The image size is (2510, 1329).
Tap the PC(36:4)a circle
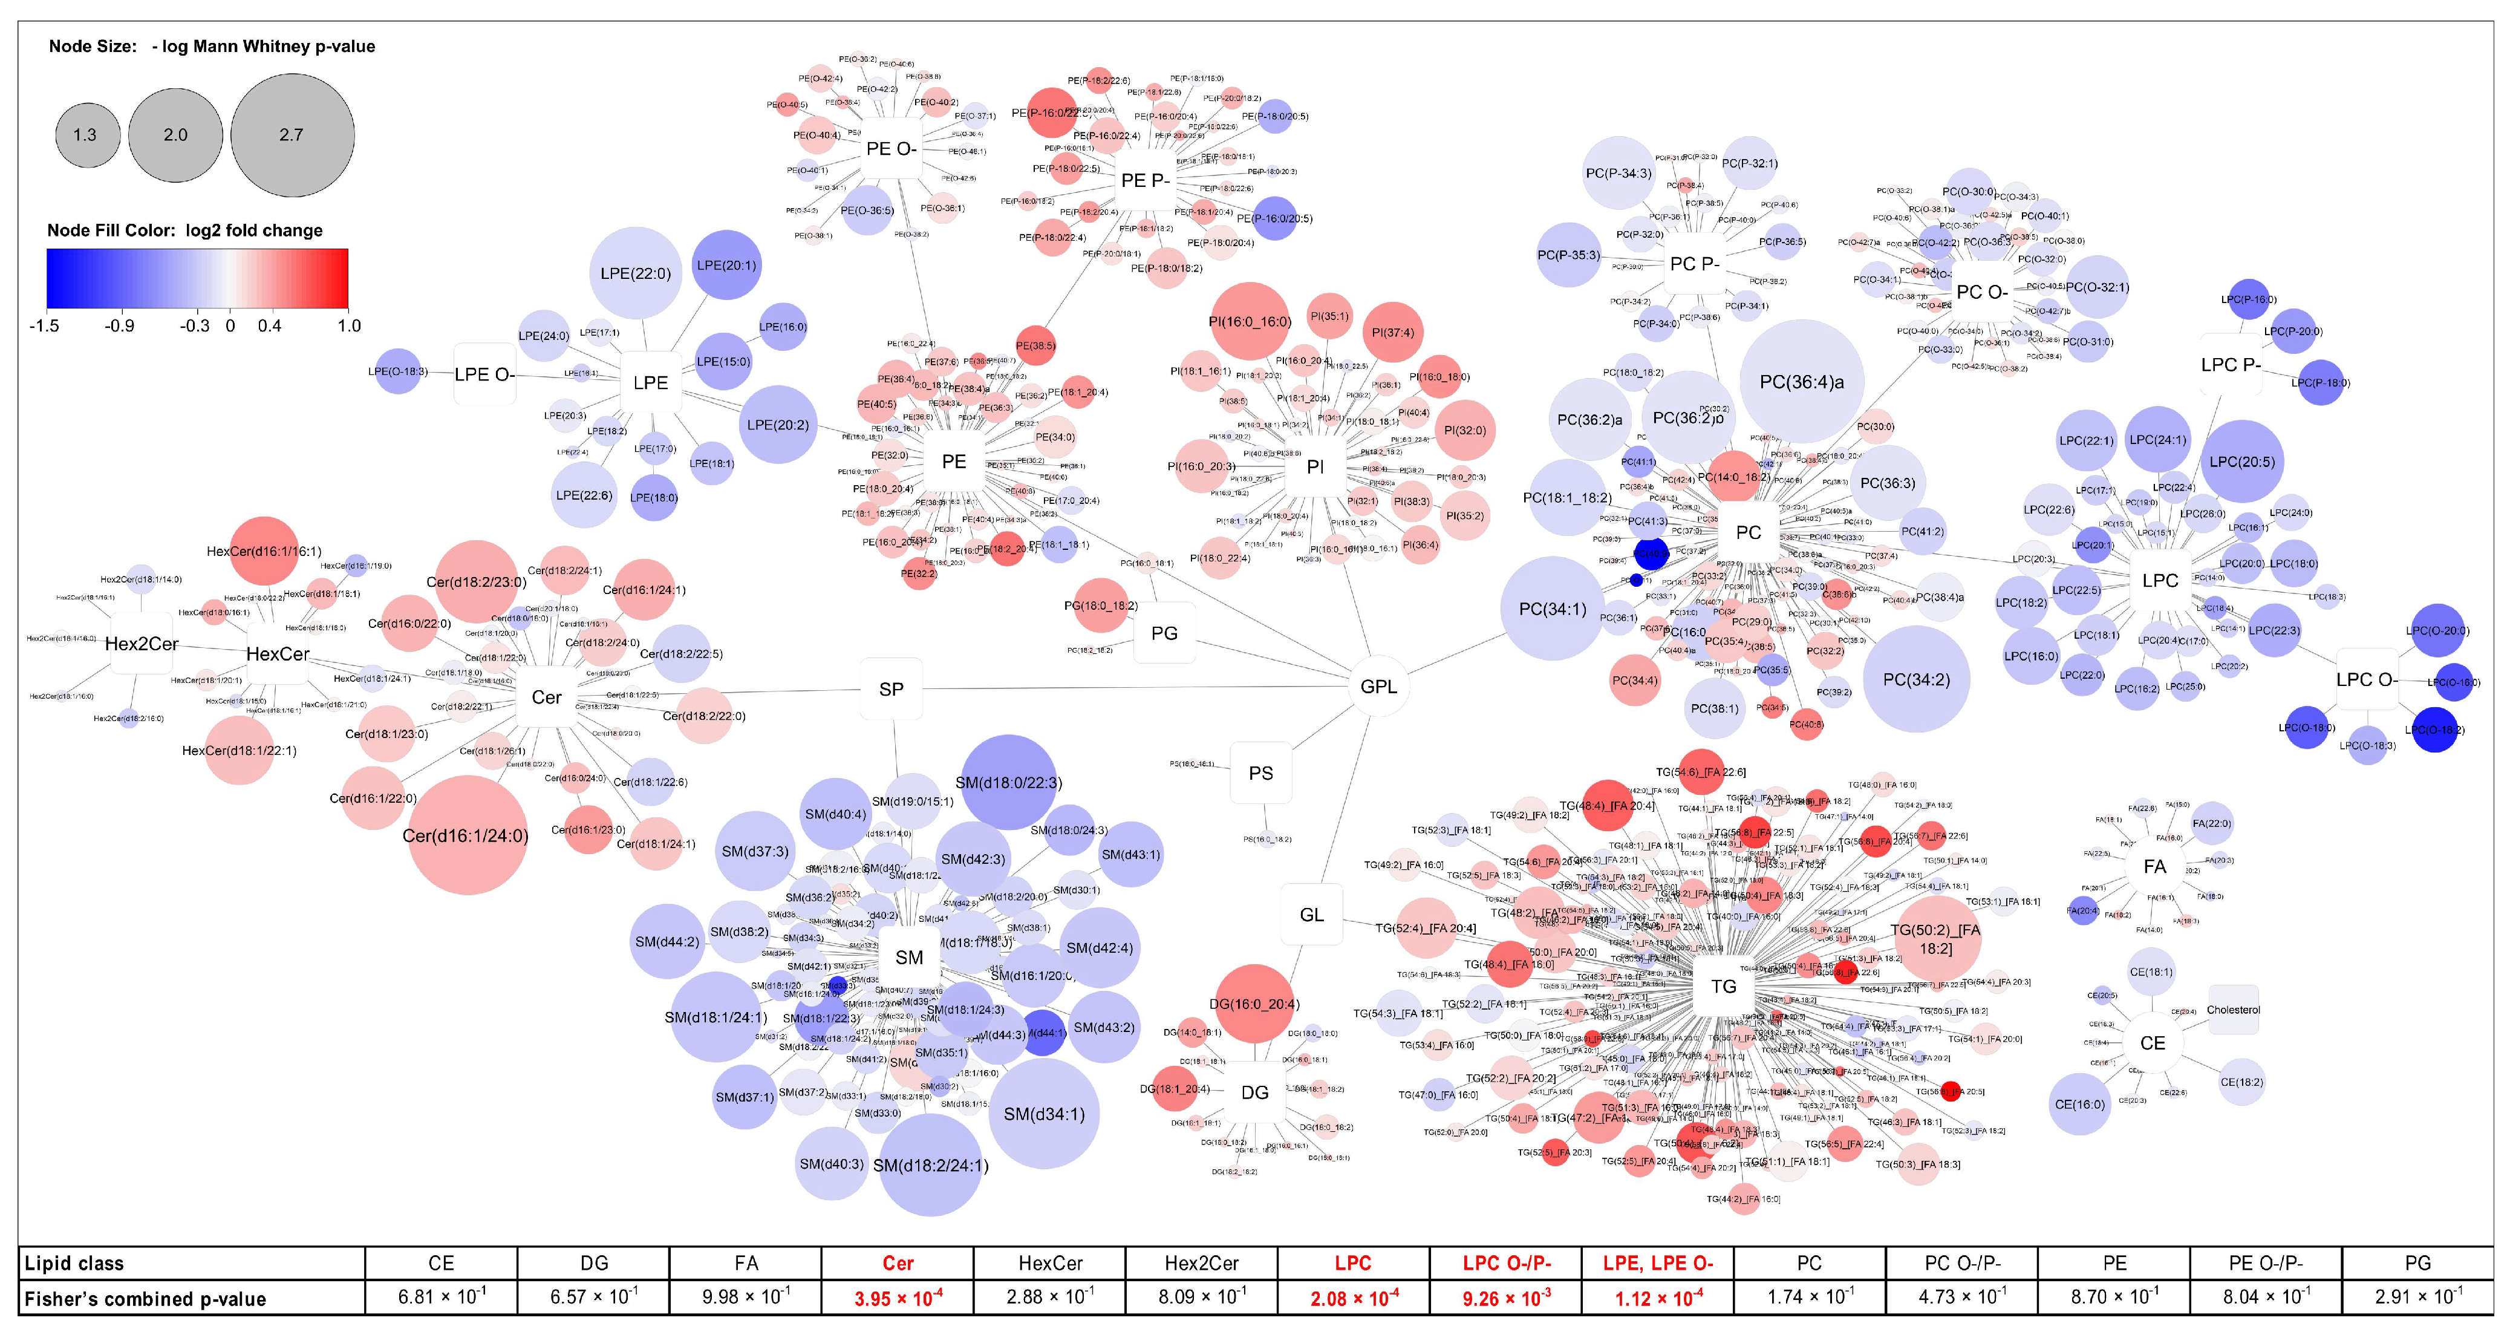coord(1802,382)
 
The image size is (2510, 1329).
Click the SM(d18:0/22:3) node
coord(1008,782)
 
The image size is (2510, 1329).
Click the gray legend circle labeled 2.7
coord(292,134)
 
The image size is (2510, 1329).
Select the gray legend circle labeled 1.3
coord(86,134)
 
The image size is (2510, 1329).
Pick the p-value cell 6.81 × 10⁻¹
coord(442,1297)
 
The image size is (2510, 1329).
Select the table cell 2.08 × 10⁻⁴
coord(1354,1297)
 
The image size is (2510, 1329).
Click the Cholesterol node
coord(2232,1010)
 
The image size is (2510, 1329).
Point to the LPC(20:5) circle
coord(2242,462)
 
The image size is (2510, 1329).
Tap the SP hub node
coord(890,689)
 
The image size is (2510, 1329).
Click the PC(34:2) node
coord(1915,679)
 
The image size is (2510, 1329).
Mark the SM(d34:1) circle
coord(1043,1114)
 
